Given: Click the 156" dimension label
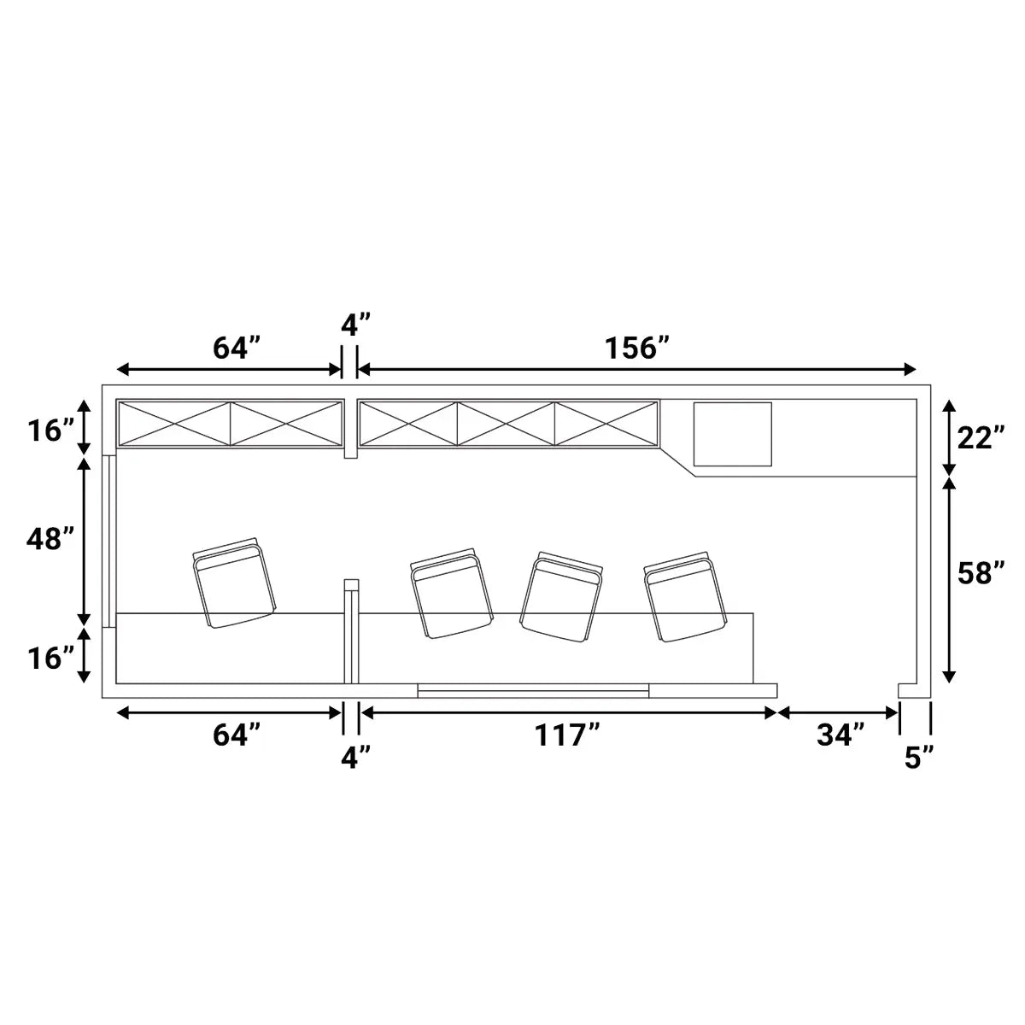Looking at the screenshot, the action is (636, 348).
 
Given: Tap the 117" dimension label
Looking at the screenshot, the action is (567, 735).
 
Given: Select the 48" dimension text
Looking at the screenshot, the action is (50, 539).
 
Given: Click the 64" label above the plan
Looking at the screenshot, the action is (237, 348).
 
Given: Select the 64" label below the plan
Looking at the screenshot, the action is (237, 735).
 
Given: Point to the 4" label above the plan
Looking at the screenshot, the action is (355, 325).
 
